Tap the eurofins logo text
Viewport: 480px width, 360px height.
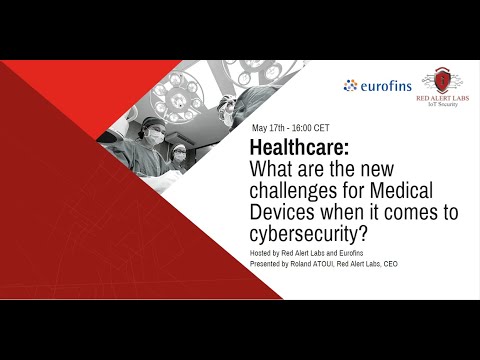[387, 86]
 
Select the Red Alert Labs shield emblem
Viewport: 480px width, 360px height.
[439, 81]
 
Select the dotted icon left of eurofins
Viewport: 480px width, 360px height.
[350, 86]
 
